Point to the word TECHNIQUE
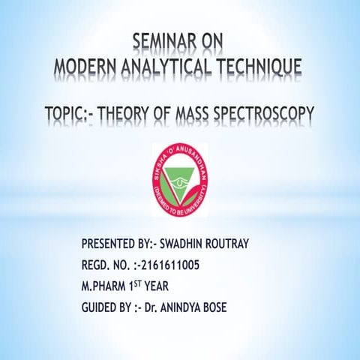[259, 67]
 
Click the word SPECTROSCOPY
[266, 114]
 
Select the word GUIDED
[102, 307]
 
